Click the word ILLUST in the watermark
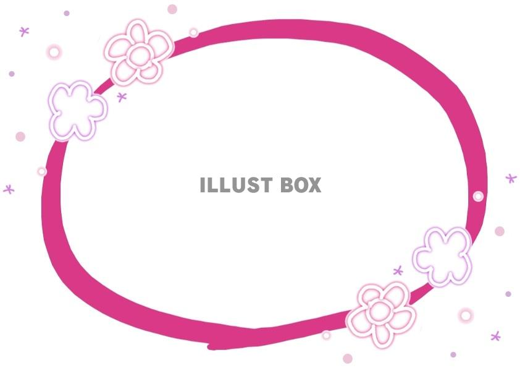coord(236,185)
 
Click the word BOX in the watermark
coord(301,185)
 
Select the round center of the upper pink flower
coord(140,55)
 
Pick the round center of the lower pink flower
coord(380,311)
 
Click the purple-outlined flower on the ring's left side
coord(77,111)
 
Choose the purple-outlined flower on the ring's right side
coord(442,257)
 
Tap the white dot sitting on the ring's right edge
coord(478,196)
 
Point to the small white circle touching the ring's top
coord(194,33)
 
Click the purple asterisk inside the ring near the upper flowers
coord(122,97)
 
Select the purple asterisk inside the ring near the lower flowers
coord(398,271)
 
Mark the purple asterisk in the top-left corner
coord(24,32)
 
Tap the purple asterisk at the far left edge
coord(9,189)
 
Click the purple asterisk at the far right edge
coord(511,178)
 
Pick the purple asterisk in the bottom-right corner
coord(495,336)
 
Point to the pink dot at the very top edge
coord(172,9)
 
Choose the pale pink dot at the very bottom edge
coord(348,358)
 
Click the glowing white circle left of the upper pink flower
coord(54,52)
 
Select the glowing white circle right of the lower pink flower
coord(466,315)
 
